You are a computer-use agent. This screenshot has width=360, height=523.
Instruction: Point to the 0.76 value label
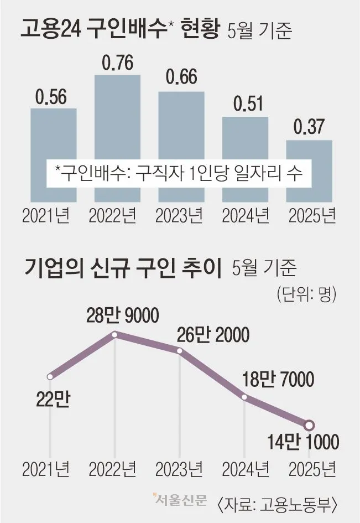pyautogui.click(x=117, y=64)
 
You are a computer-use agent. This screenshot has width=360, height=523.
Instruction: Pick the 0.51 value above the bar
pyautogui.click(x=245, y=104)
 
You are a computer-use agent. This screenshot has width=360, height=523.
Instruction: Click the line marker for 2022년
pyautogui.click(x=115, y=334)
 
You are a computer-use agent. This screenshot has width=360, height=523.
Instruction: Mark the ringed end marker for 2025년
pyautogui.click(x=309, y=425)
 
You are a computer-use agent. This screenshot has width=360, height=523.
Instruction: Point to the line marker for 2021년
pyautogui.click(x=50, y=377)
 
